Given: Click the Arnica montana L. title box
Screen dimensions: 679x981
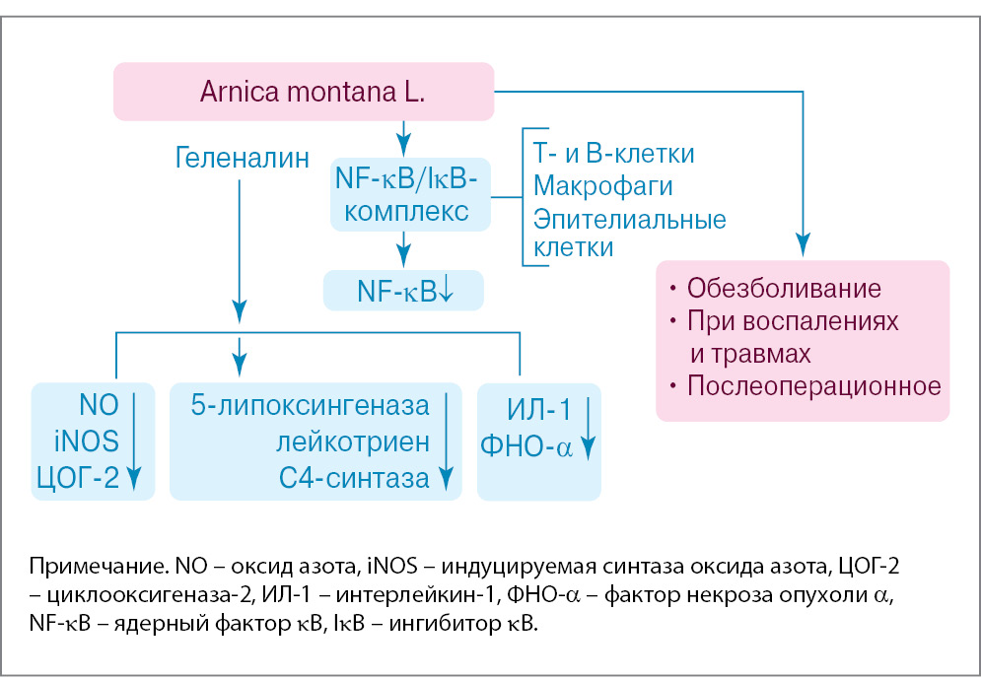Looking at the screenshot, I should coord(303,94).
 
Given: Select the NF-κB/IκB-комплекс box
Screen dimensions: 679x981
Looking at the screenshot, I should coord(405,195).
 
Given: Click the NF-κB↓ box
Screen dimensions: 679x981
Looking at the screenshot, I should coord(403,291).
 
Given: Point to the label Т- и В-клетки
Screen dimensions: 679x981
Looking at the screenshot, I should coord(613,154).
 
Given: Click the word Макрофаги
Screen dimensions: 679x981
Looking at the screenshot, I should coord(602,185).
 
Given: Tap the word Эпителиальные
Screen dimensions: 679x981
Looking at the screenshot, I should coord(629,218).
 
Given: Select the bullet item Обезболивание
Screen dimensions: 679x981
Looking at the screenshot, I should coord(783,290).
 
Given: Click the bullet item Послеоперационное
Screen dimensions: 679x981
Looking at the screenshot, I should coord(813,384).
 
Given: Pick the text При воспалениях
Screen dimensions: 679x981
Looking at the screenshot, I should coord(793,321).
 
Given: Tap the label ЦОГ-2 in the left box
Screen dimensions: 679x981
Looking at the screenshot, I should coord(78,478).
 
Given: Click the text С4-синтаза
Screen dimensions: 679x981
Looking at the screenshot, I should coord(354,478).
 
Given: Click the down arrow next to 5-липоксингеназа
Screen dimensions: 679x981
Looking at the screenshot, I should coord(446,441).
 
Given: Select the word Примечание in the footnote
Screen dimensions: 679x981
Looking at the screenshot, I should coord(86,568).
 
